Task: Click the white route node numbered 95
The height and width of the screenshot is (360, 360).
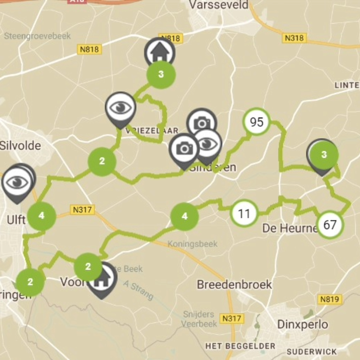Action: (257, 122)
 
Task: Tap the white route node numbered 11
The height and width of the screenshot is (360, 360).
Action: (244, 213)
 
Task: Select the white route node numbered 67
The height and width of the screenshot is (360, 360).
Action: (330, 225)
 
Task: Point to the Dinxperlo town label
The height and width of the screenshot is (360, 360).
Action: (302, 324)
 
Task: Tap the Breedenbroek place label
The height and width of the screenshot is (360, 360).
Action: (234, 284)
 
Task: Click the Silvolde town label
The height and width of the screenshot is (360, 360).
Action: (20, 146)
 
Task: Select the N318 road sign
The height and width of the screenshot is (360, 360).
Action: (294, 38)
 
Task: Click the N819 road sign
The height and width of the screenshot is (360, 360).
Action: (330, 300)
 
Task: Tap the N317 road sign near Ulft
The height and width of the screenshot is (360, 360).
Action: (83, 210)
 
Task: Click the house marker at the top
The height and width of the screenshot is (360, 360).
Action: (160, 52)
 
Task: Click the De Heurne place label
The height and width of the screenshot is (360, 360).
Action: (290, 229)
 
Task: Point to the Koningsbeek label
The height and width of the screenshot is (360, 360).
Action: (192, 244)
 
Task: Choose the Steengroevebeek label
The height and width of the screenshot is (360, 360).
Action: (38, 36)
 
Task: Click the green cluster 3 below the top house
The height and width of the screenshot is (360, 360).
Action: (161, 75)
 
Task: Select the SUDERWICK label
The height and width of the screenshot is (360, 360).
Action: (311, 352)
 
